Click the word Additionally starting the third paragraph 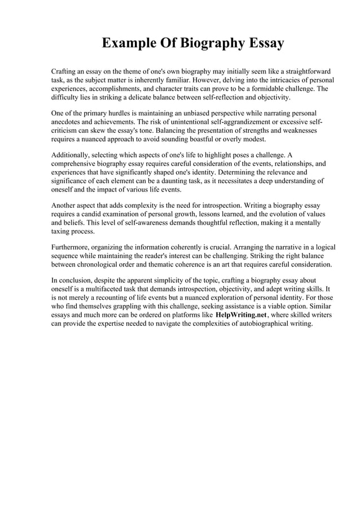(x=72, y=154)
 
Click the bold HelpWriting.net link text (x=241, y=315)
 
